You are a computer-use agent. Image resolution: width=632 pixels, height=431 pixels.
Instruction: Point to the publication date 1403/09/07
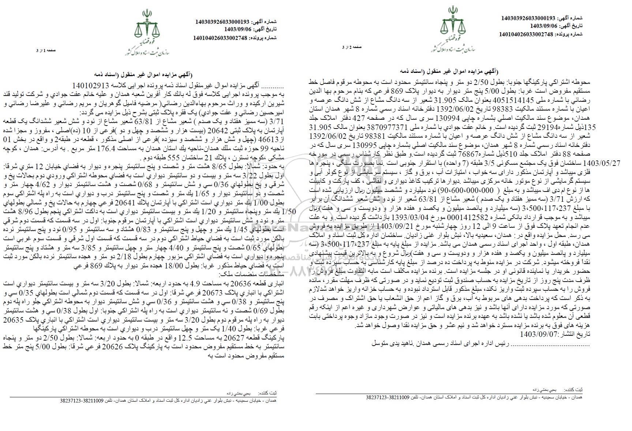[538, 334]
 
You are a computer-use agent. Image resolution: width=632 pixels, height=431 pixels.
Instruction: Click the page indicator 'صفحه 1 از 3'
[44, 51]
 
